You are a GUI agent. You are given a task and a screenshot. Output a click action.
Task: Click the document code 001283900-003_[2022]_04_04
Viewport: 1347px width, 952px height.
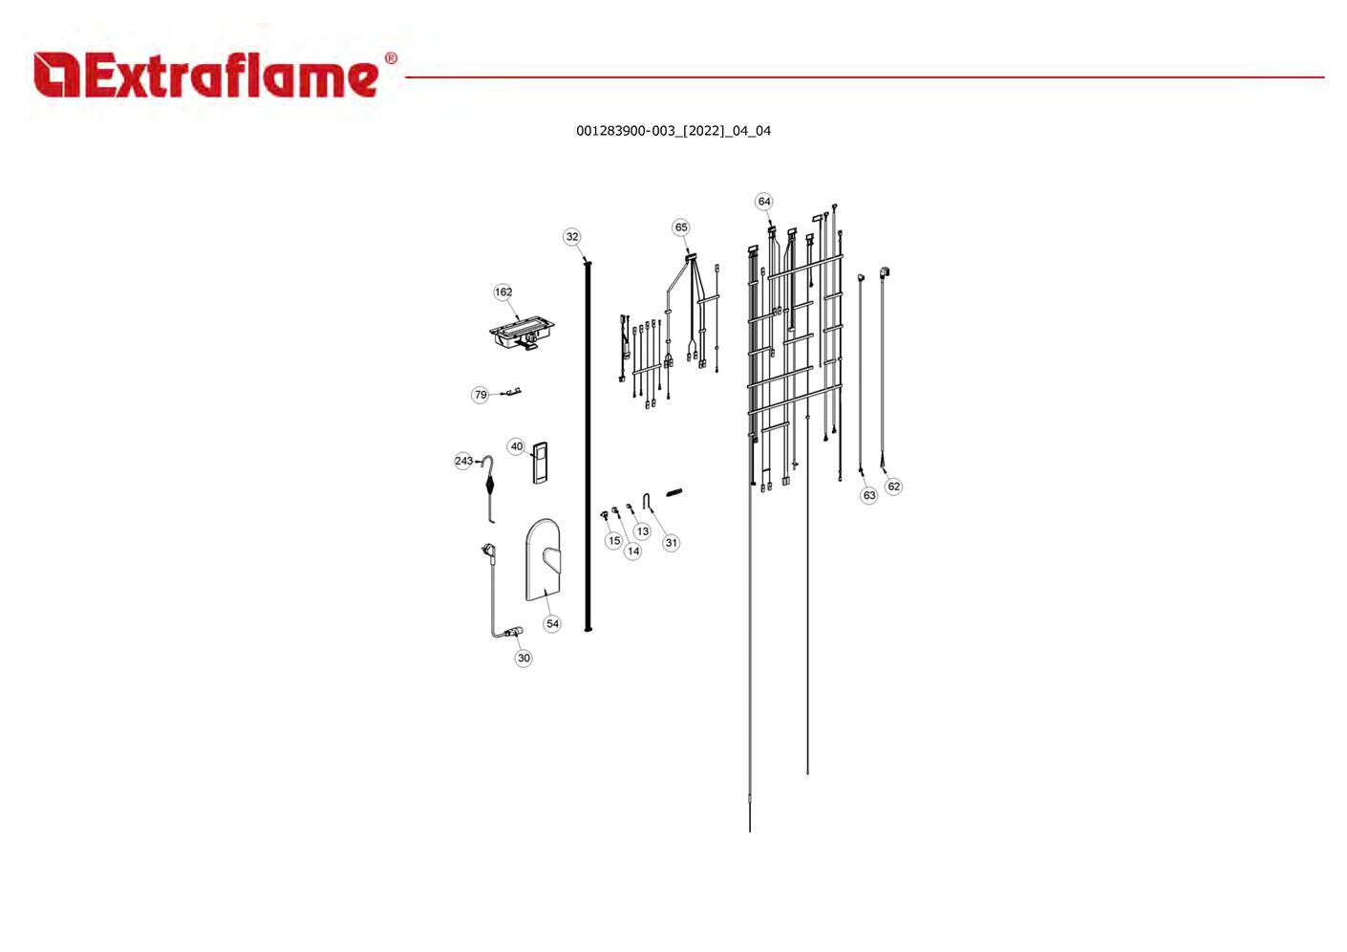pos(673,131)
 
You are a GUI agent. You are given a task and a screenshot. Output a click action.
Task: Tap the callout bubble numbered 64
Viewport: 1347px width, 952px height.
pos(763,201)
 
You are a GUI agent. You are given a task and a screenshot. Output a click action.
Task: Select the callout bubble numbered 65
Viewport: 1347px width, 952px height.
pos(681,227)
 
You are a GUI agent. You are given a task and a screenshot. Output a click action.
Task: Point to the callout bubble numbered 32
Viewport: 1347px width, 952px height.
pos(572,236)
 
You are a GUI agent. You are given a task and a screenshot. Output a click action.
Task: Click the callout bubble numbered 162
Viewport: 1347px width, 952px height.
pos(503,292)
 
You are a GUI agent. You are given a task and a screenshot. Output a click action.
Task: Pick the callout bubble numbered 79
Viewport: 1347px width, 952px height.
pos(480,395)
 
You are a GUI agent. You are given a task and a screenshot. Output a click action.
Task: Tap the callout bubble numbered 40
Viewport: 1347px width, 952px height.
pos(517,446)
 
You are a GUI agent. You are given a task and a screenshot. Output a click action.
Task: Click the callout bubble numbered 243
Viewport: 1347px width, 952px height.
pos(463,461)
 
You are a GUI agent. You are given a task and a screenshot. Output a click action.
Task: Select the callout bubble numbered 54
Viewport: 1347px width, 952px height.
pos(552,623)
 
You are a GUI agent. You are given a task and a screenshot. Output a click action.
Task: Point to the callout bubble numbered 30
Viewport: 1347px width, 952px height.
pos(524,658)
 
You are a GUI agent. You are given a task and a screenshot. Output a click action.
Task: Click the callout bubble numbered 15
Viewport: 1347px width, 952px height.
pos(614,540)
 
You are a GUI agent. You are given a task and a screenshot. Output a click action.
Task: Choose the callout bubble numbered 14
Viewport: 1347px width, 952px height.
pos(633,551)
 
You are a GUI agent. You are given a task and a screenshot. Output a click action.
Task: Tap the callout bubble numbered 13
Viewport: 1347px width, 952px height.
pos(643,530)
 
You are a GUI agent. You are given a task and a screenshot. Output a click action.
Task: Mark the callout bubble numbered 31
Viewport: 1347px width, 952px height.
pos(671,542)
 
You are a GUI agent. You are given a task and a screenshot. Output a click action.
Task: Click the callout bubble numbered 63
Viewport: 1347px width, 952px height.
pos(869,495)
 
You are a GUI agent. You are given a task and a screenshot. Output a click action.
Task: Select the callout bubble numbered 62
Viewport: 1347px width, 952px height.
pos(893,487)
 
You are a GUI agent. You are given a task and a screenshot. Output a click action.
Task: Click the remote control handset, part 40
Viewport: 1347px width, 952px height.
pos(540,463)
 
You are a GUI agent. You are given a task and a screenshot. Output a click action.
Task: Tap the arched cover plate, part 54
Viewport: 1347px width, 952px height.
pos(545,560)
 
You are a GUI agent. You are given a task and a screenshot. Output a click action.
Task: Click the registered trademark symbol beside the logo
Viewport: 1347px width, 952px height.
pos(391,58)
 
